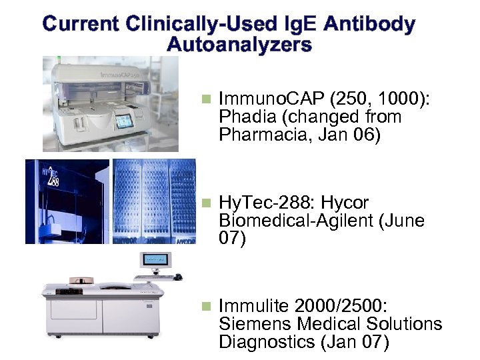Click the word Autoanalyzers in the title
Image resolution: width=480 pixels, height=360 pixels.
click(x=239, y=45)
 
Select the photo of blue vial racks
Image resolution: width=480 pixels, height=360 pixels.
click(x=154, y=201)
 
